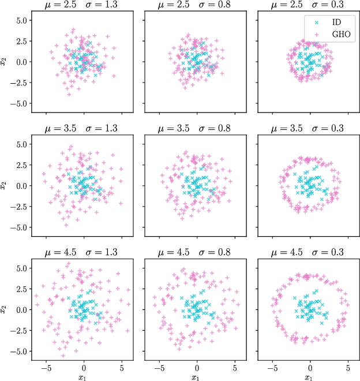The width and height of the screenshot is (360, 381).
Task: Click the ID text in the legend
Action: [336, 22]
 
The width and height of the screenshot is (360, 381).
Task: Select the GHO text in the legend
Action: [340, 35]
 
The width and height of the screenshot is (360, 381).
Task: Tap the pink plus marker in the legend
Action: [316, 35]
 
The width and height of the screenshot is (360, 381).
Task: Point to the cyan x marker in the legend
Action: [316, 22]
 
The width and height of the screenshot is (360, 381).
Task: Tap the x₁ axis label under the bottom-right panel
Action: [310, 377]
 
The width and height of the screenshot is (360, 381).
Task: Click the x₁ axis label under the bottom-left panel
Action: [84, 377]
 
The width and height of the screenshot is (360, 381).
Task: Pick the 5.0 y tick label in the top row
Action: [21, 20]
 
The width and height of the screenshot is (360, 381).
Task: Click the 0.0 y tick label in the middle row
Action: [21, 186]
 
